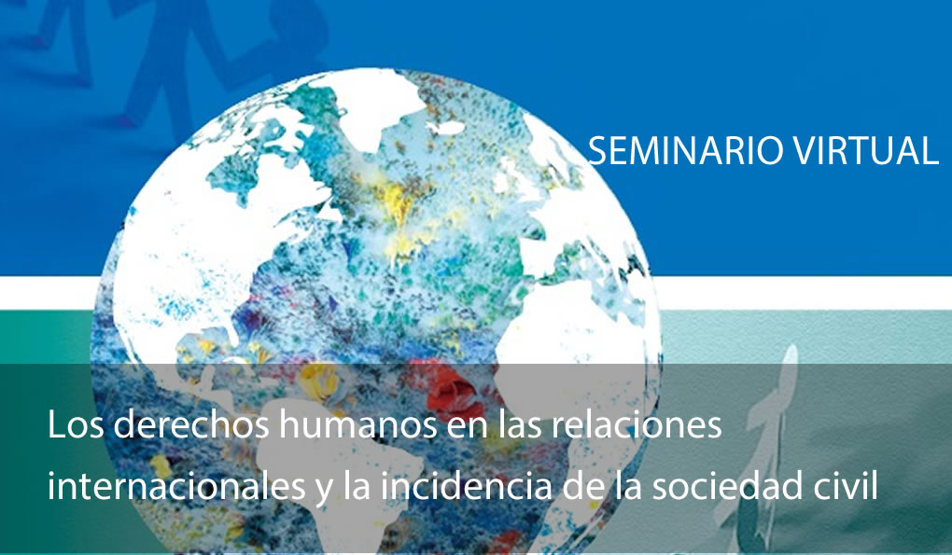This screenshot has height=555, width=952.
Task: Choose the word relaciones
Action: (x=637, y=424)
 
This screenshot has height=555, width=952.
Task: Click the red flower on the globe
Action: (x=453, y=389)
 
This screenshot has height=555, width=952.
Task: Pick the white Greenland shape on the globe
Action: (x=376, y=109)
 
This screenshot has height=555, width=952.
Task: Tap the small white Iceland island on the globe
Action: (x=446, y=128)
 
